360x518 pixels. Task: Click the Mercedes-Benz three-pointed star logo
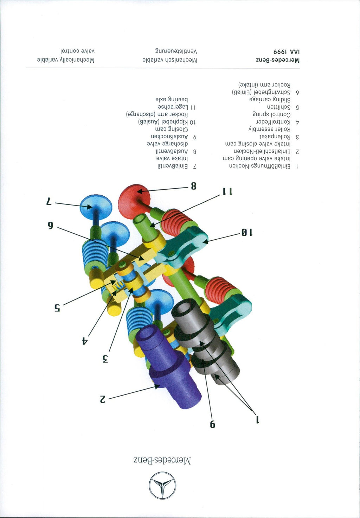[162, 486]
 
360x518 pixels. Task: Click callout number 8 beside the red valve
[194, 186]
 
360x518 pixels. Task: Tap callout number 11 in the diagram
[227, 191]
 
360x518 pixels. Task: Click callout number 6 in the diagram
[51, 226]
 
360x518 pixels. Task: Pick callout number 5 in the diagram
[57, 308]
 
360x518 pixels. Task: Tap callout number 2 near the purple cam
[102, 399]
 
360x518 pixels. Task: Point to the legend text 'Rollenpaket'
[275, 137]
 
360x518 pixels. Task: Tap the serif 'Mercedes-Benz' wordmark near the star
[162, 461]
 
